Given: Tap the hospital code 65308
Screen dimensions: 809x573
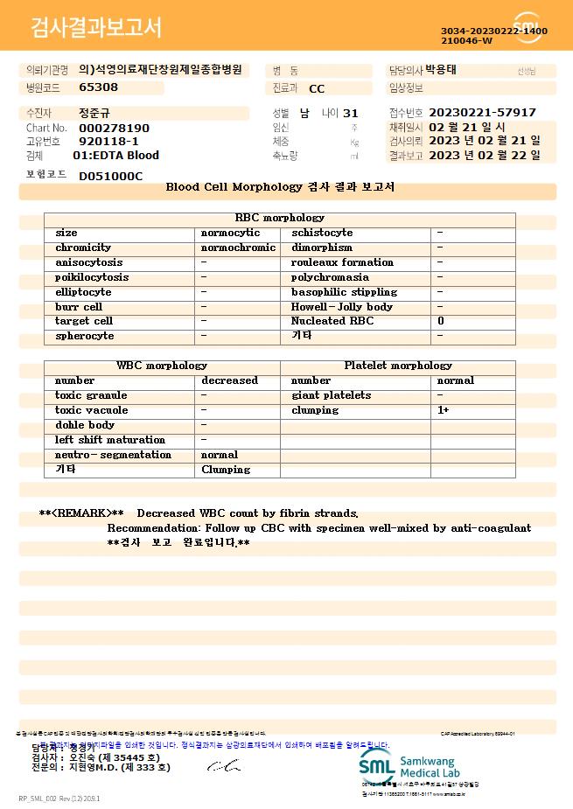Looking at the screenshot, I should pos(98,87).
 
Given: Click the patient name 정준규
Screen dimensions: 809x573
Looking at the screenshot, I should pos(95,113).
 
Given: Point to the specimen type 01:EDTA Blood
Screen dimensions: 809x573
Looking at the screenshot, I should pos(115,156).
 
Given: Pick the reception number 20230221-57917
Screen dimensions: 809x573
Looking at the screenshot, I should pos(482,113).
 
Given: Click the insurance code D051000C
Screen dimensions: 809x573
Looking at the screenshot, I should pos(110,176).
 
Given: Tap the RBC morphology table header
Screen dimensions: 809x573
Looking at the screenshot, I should pos(280,218).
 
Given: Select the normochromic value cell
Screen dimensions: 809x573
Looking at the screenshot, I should pos(238,248).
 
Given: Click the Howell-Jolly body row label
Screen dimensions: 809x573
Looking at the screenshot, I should pos(342,307).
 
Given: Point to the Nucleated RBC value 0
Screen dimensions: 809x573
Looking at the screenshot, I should pos(441,321).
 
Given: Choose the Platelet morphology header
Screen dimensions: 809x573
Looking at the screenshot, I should pos(398,366).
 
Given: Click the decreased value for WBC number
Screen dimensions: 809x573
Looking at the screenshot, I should pos(229,380).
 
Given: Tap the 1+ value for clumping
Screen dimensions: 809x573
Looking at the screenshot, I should pos(444,410).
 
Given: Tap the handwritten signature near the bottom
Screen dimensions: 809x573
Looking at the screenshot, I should pos(223,766).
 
